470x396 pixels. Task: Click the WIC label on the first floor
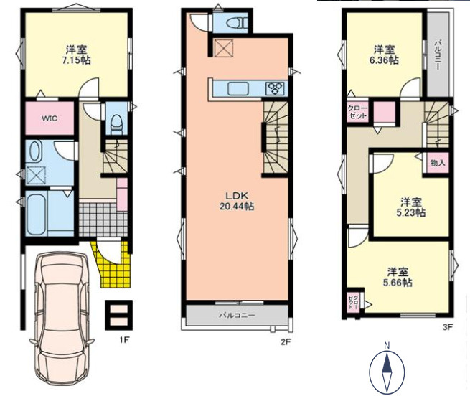tap(50, 118)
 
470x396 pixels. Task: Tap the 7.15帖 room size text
tap(77, 60)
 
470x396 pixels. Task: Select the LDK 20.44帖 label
tap(237, 201)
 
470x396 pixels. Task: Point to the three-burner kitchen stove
tap(275, 88)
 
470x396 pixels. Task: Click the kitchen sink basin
tap(238, 88)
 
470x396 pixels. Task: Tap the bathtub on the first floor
tap(37, 214)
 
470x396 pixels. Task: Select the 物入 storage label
tap(438, 163)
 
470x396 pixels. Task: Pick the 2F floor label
tap(286, 341)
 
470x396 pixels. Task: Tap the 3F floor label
tap(447, 327)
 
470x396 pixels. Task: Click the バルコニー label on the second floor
tap(237, 316)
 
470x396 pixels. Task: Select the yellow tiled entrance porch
tap(112, 265)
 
